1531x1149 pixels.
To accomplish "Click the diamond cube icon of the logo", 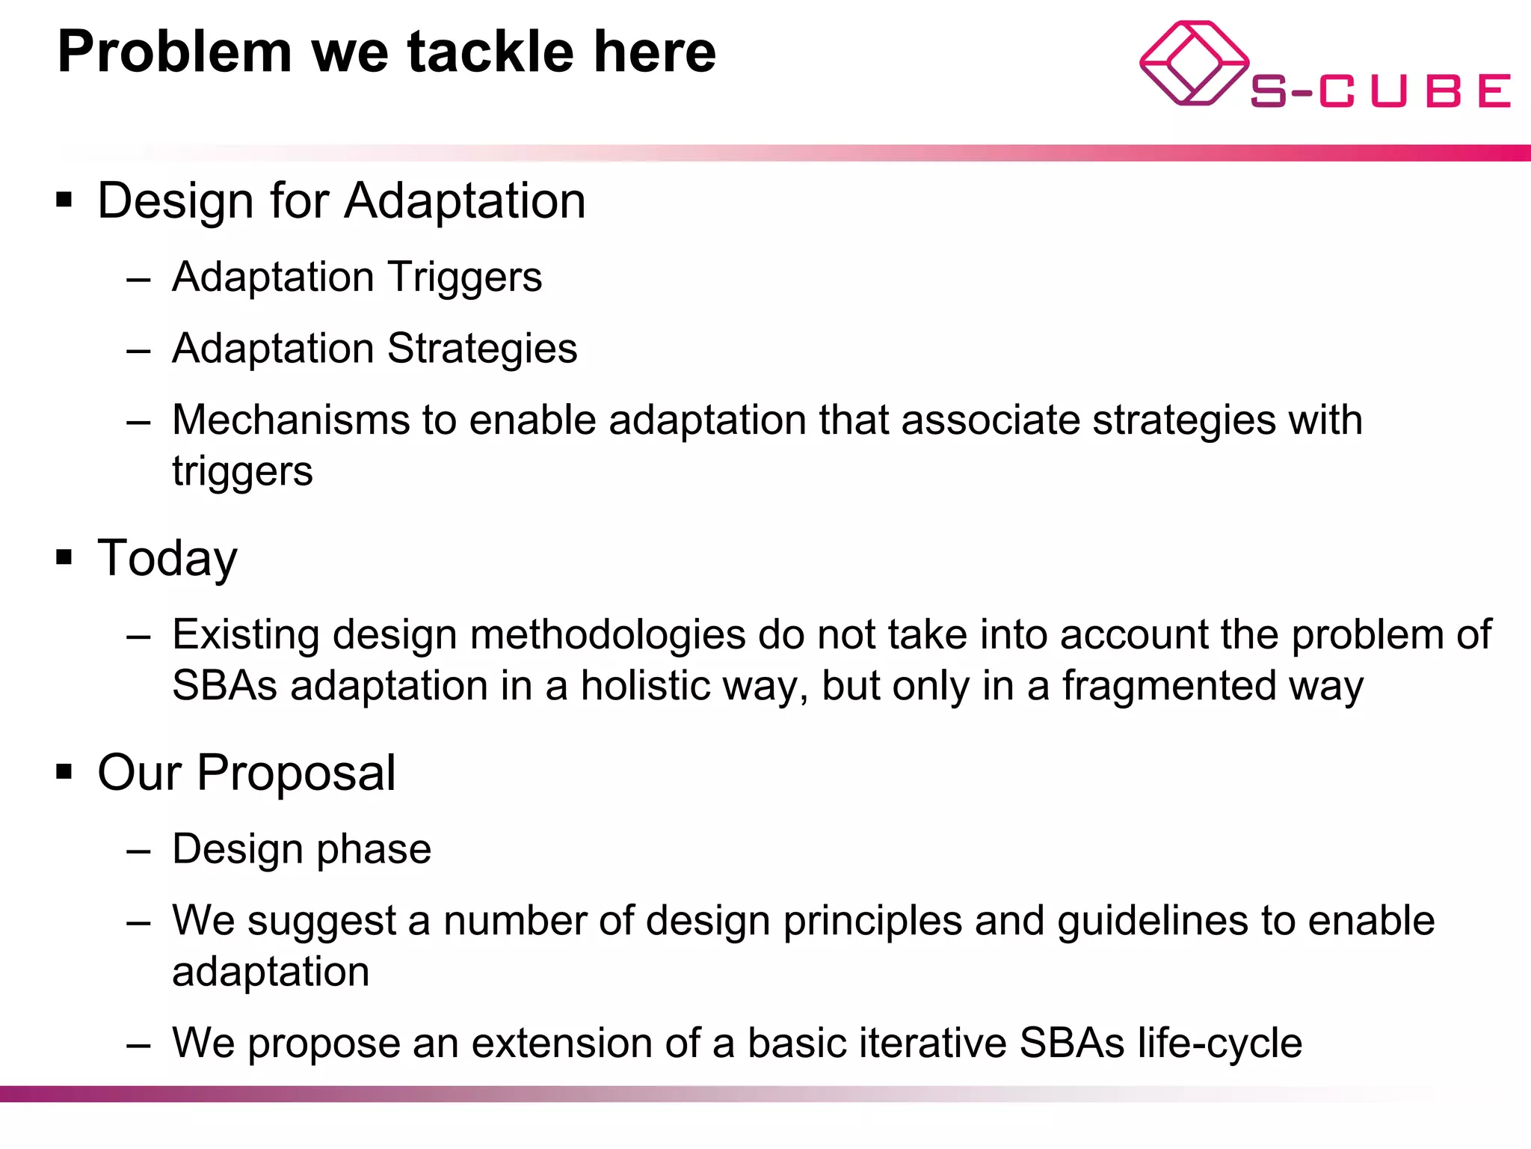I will coord(1194,64).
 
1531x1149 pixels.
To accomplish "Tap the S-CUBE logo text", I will coord(1380,91).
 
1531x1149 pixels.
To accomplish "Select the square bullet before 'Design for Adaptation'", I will coord(64,200).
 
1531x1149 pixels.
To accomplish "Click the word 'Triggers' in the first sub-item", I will coord(464,278).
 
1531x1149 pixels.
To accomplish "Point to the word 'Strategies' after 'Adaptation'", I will coord(482,349).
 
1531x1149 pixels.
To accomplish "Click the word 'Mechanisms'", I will coord(291,420).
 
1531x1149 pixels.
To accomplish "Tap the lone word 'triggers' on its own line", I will coord(242,472).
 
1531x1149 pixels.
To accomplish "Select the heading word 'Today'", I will coord(167,558).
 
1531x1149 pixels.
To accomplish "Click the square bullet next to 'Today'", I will coord(64,557).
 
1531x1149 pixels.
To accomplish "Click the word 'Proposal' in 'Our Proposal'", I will coord(296,773).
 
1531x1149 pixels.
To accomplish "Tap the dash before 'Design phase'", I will coord(138,851).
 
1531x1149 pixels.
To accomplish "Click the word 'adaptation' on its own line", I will coord(271,972).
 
